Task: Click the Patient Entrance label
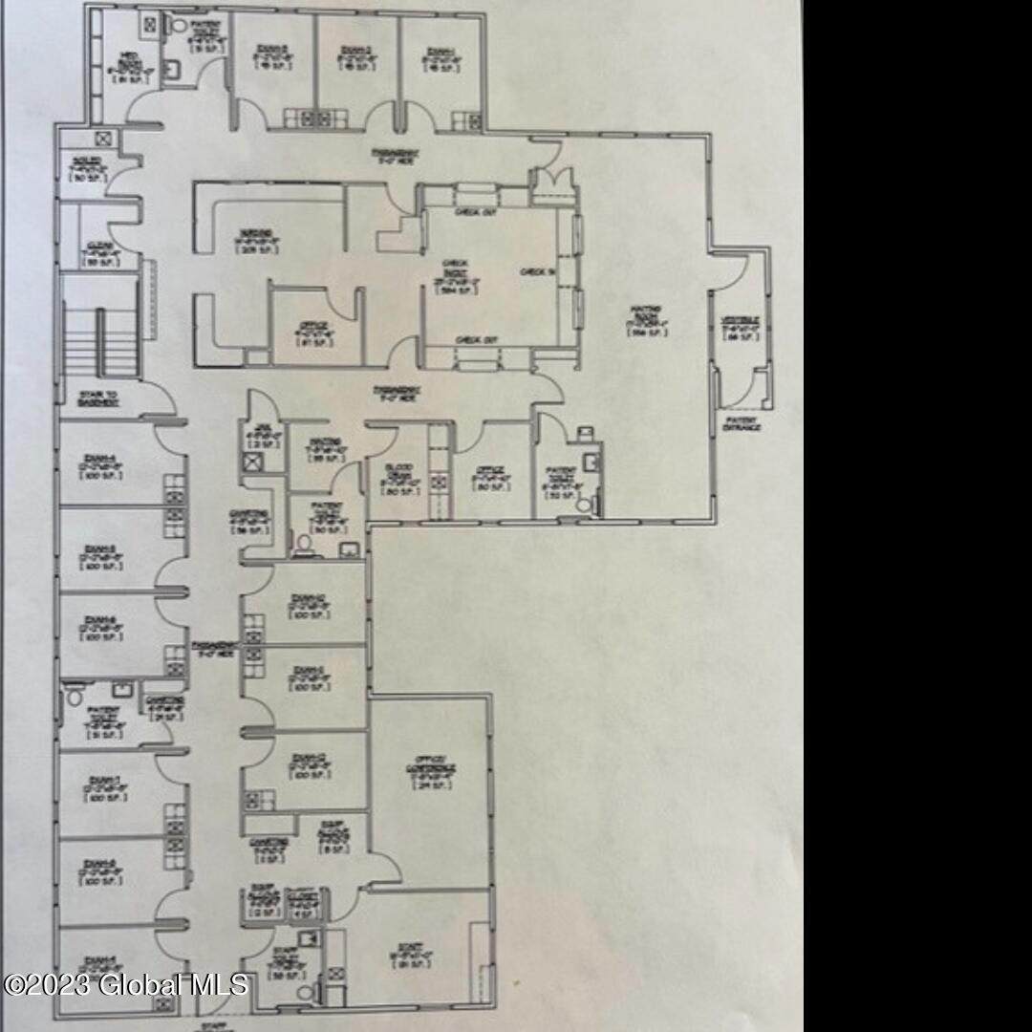742,423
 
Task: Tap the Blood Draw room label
400,477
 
